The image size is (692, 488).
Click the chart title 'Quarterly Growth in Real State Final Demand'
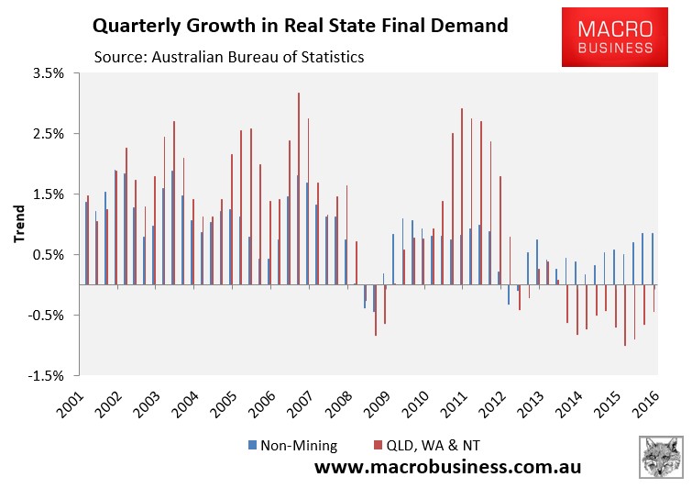297,26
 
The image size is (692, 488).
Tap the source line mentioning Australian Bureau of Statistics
229,57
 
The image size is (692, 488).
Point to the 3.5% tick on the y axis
48,73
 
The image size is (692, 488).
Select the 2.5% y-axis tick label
48,134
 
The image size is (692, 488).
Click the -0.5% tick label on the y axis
46,316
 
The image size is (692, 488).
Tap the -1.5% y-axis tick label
46,376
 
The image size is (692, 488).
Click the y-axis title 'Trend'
19,225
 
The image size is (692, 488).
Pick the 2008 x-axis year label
339,401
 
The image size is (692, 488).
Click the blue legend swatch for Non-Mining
252,446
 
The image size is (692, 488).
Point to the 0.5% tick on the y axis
48,255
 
